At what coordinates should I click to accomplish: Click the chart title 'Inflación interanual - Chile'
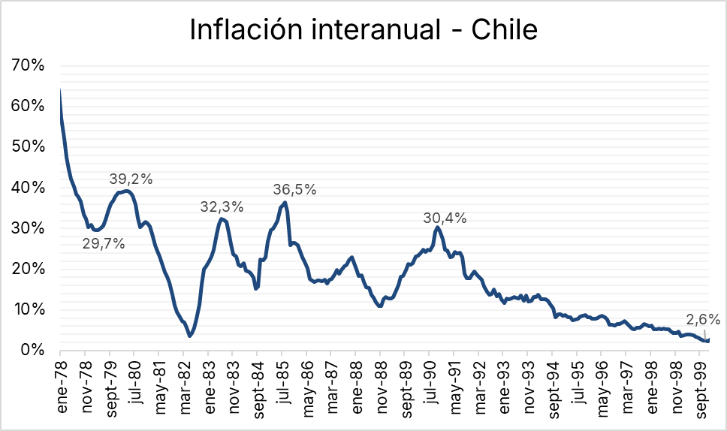click(x=363, y=29)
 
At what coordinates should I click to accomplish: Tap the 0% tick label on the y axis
click(x=32, y=350)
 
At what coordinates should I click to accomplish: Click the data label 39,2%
click(x=131, y=179)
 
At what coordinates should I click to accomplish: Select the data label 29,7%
click(x=104, y=243)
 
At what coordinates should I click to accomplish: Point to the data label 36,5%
click(x=294, y=189)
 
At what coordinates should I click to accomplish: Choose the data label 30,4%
click(x=445, y=219)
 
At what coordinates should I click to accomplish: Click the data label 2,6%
click(x=703, y=319)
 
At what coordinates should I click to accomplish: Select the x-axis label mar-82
click(x=183, y=379)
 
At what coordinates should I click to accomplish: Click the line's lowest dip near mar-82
click(x=190, y=336)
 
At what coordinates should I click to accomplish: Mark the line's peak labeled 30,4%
click(x=436, y=227)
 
